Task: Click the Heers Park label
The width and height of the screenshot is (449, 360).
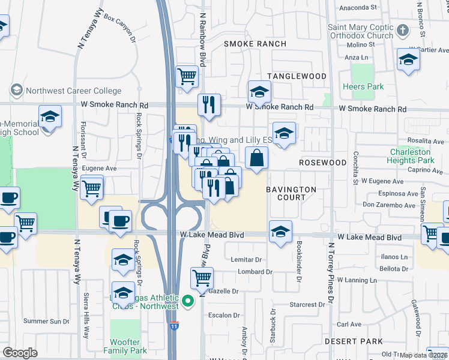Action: click(363, 87)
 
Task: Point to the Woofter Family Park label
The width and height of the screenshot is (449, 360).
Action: click(125, 346)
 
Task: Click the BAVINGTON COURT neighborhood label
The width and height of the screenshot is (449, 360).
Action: click(291, 193)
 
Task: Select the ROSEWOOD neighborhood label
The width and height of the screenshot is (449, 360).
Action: click(323, 163)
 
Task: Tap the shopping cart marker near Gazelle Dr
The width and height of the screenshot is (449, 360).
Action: click(202, 277)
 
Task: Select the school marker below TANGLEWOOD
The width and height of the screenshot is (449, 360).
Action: click(259, 91)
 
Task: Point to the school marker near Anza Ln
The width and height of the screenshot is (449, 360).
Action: click(408, 59)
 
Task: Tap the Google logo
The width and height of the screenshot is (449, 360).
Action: click(20, 353)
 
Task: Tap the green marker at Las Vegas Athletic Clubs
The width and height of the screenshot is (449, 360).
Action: click(188, 300)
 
